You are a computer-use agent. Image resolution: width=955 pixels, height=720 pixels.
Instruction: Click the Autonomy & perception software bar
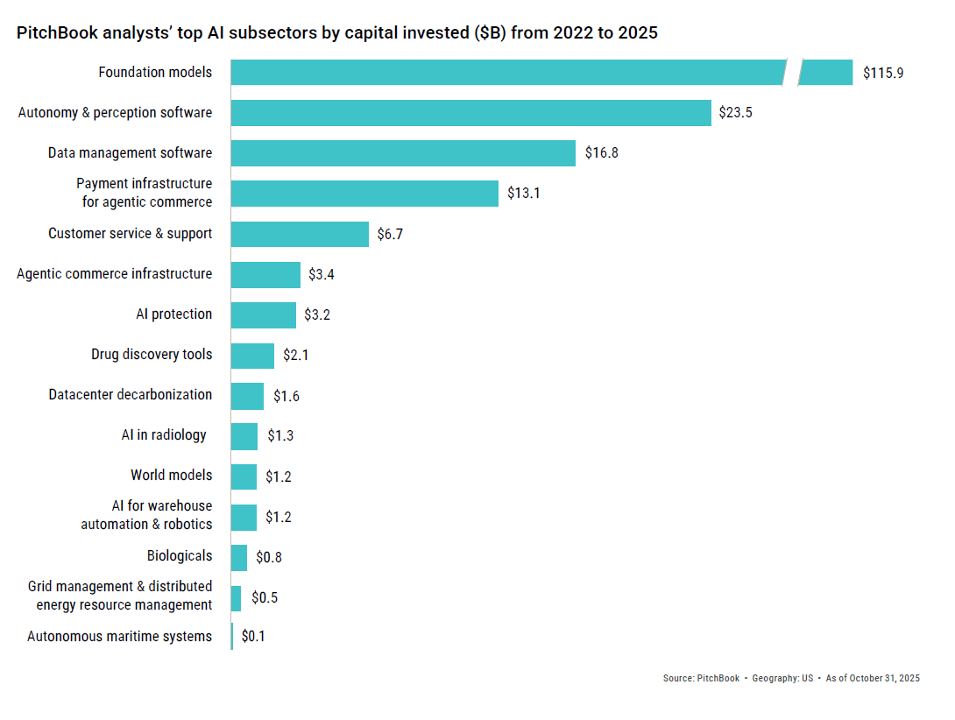tap(470, 113)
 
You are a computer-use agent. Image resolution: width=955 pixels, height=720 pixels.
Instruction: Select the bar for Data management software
tap(403, 153)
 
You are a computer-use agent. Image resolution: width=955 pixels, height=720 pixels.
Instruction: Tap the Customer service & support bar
tap(300, 234)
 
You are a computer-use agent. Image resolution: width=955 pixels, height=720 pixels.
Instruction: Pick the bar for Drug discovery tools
tap(252, 355)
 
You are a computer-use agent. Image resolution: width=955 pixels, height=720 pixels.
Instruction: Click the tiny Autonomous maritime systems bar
tap(232, 637)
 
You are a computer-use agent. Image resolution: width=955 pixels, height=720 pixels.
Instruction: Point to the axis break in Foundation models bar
tap(792, 73)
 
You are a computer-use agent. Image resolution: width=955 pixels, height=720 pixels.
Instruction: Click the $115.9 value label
tap(882, 73)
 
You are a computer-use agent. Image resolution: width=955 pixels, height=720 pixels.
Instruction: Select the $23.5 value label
tap(735, 113)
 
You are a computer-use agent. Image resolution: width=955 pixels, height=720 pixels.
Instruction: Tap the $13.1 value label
tap(523, 194)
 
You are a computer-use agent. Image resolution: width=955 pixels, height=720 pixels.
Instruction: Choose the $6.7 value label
tap(390, 234)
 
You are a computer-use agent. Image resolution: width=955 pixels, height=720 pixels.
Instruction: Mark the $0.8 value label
tap(268, 556)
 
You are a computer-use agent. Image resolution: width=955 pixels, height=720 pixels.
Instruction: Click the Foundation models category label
tap(155, 72)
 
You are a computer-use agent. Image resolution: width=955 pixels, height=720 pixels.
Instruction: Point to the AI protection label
tap(173, 314)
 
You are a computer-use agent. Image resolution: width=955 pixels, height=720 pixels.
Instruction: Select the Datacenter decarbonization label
tap(130, 394)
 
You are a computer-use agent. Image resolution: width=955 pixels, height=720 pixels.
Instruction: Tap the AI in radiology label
tap(164, 434)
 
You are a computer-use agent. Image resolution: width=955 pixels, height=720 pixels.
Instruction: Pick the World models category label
tap(171, 475)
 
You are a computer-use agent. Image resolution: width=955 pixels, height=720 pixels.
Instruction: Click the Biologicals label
tap(180, 555)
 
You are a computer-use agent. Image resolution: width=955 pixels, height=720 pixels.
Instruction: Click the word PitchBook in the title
tap(54, 33)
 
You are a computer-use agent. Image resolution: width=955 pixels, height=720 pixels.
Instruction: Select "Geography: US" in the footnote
tap(782, 679)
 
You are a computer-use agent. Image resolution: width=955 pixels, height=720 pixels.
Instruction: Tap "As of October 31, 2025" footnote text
tap(872, 679)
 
